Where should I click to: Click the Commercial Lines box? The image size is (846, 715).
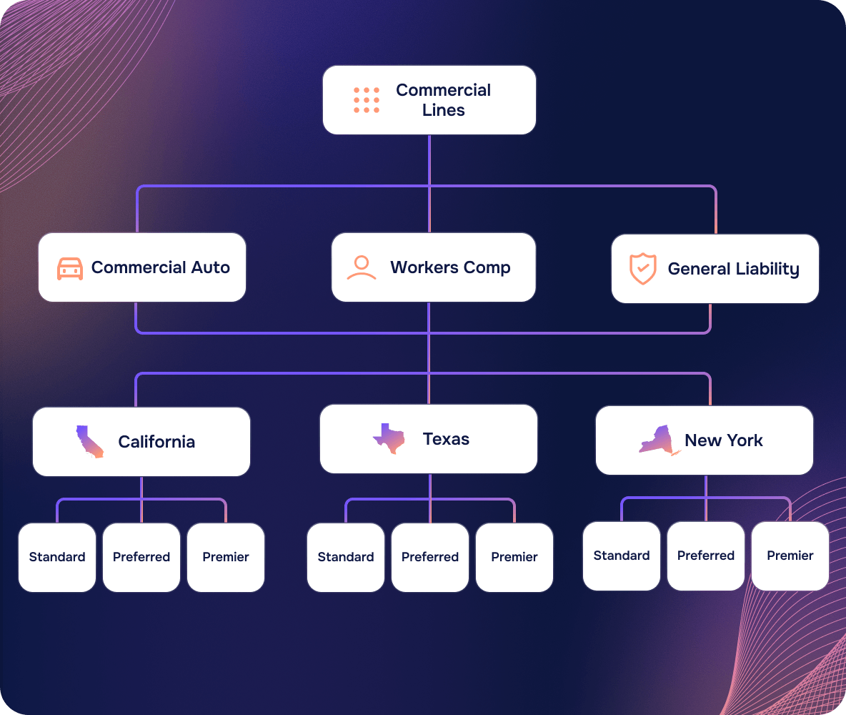(429, 100)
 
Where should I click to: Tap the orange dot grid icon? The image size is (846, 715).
(367, 100)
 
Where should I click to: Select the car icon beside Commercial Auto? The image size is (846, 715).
(70, 268)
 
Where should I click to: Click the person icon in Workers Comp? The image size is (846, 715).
(362, 267)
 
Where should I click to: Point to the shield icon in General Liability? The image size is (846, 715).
(643, 268)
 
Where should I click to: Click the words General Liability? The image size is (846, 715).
(733, 269)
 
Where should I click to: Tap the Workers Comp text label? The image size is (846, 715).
(450, 267)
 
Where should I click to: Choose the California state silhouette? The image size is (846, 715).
(89, 442)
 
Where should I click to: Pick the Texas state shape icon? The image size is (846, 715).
(389, 438)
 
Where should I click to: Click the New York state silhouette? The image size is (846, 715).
(660, 440)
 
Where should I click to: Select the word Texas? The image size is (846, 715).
(446, 439)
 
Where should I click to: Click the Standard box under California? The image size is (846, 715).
(57, 557)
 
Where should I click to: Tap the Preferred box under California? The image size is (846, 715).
(141, 557)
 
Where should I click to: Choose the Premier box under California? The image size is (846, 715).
(226, 557)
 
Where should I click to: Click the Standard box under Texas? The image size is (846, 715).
(346, 557)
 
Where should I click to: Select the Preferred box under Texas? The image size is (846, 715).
(430, 557)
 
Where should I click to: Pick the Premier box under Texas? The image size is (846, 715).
(514, 557)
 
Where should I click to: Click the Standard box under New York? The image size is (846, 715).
(622, 556)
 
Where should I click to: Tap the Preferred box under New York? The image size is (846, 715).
(706, 556)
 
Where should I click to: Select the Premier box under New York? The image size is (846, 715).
(790, 556)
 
